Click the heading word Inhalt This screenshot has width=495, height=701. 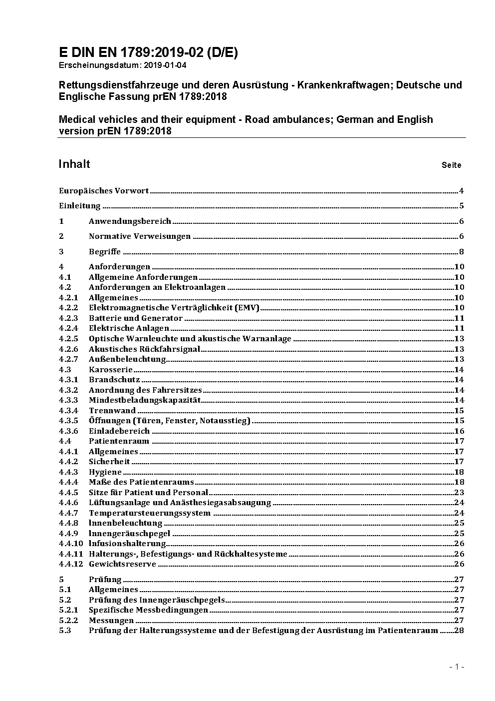tap(74, 164)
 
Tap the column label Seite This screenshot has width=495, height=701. tap(451, 165)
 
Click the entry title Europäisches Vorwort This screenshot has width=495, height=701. tap(104, 190)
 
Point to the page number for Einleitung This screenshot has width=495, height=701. tap(462, 206)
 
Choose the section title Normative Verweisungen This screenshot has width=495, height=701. tap(140, 236)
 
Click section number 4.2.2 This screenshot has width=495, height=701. tap(68, 308)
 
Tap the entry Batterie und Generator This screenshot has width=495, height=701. tap(136, 318)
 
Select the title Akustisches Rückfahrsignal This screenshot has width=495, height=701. tap(144, 349)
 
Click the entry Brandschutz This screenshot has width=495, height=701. tap(114, 380)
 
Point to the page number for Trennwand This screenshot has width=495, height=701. tap(459, 411)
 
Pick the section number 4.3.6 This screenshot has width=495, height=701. tap(68, 431)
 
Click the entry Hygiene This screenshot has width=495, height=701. tap(105, 472)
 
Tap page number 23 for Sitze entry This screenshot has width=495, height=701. tap(459, 493)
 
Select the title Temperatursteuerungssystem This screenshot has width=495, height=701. tap(150, 513)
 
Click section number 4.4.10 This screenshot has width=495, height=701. tap(71, 544)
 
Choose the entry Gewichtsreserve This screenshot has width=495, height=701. tap(122, 564)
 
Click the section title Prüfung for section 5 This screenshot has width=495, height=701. tap(105, 580)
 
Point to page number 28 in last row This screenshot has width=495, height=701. tap(459, 631)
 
